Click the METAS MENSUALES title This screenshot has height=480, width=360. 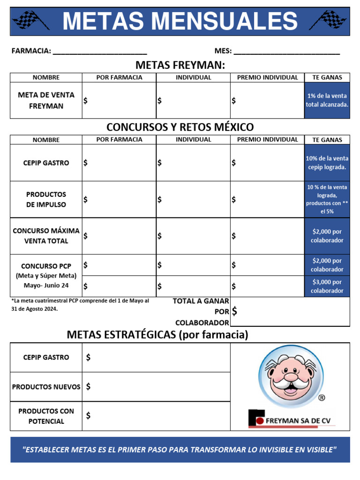180,21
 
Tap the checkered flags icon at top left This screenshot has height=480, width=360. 30,20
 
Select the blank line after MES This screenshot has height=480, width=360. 286,52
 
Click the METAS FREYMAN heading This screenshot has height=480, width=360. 180,65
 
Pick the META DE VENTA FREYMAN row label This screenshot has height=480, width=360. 46,100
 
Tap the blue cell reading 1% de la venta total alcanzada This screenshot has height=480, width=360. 327,100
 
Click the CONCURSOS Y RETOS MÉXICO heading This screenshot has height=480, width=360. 180,127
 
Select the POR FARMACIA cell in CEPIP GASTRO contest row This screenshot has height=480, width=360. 119,163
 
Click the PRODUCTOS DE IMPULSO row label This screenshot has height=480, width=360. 46,199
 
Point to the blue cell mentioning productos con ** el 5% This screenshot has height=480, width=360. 327,199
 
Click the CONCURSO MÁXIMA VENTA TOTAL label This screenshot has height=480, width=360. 46,236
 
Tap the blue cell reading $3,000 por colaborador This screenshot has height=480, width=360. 327,286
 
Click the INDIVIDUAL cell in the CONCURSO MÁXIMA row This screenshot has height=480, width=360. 193,236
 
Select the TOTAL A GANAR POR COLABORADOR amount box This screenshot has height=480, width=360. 290,311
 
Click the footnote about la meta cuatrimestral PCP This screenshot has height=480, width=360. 80,305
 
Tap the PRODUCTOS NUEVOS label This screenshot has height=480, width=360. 46,387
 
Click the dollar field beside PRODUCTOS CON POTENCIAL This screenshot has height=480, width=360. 156,416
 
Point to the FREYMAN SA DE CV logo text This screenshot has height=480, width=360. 298,420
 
